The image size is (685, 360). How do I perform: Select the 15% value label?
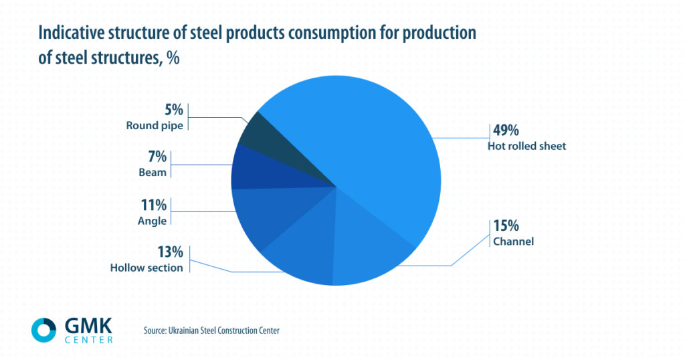pyautogui.click(x=506, y=226)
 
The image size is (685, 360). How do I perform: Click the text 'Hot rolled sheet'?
pyautogui.click(x=527, y=146)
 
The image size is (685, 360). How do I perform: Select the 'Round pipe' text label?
pyautogui.click(x=154, y=126)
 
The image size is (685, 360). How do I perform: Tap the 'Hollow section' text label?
pyautogui.click(x=146, y=268)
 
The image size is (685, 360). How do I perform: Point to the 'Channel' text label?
pyautogui.click(x=513, y=242)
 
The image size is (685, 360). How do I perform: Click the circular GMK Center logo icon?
pyautogui.click(x=44, y=330)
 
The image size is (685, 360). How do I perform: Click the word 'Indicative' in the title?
pyautogui.click(x=72, y=33)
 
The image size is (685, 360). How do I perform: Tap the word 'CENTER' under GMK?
pyautogui.click(x=88, y=339)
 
